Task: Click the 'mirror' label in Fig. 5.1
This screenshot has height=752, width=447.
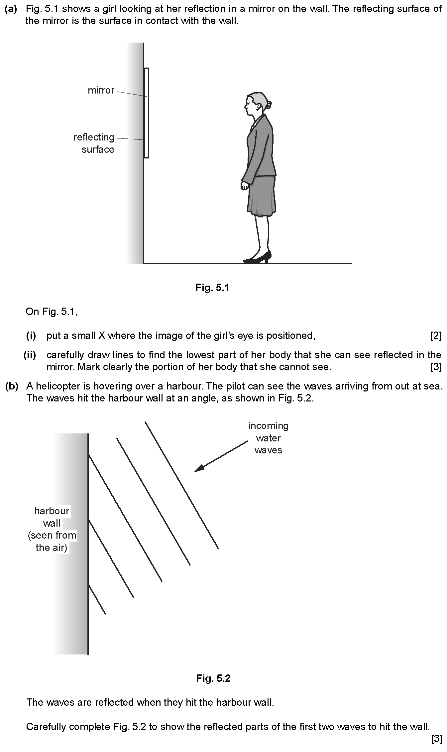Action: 101,90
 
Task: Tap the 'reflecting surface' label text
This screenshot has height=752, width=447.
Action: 94,143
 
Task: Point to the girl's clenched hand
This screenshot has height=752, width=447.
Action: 245,185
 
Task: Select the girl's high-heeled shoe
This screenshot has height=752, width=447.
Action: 257,257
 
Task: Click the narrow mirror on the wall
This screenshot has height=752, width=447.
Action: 146,113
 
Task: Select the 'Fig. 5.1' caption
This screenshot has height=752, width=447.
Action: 212,288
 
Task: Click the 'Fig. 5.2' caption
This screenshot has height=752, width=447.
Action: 213,678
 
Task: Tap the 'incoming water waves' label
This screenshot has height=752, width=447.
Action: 268,438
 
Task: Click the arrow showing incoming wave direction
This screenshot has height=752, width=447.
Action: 221,456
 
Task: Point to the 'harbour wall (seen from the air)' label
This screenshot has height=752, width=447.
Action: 52,529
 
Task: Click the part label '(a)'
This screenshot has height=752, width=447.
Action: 11,9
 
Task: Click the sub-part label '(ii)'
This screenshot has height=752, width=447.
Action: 30,355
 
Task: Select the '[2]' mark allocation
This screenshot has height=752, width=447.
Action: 436,336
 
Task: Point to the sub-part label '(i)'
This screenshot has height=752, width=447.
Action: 31,336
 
